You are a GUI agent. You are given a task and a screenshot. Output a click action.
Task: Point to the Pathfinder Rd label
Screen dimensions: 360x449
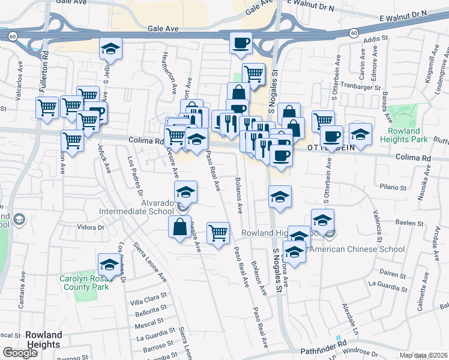[x=329, y=347]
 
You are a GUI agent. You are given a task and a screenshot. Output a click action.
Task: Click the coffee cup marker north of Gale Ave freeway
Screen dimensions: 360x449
[x=241, y=43]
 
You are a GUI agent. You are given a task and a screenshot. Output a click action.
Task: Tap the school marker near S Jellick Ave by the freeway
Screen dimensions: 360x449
[x=110, y=49]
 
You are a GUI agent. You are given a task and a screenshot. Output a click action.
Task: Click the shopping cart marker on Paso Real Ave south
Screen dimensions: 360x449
[x=218, y=233]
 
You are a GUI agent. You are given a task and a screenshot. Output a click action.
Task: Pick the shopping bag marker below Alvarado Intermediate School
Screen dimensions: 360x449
[x=180, y=227]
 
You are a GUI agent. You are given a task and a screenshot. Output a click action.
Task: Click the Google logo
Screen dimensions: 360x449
[x=20, y=353]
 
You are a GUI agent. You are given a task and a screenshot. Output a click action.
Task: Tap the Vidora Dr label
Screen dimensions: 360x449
[x=91, y=227]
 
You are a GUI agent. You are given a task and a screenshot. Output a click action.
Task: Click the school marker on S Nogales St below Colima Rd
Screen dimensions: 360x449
[x=280, y=197]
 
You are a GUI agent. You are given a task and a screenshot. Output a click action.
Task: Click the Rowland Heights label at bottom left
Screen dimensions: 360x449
[x=43, y=340]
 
